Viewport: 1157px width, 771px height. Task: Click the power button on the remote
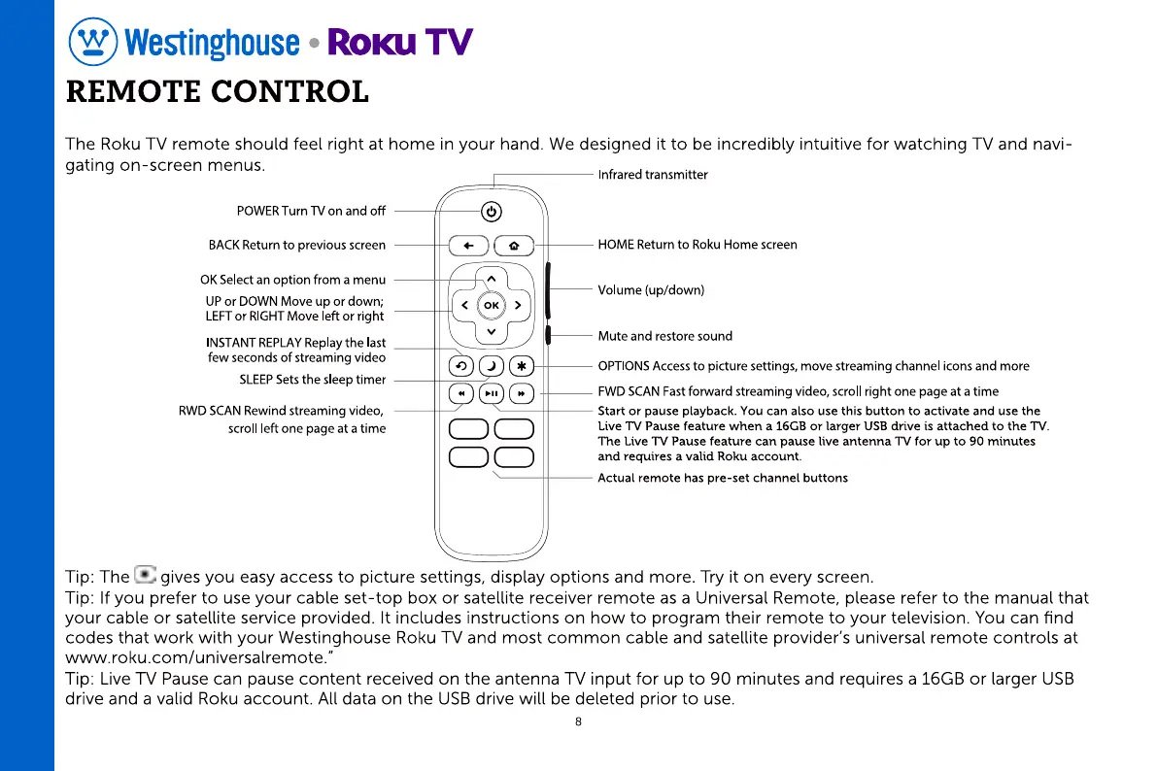pos(492,212)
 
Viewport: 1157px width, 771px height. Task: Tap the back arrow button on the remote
pos(469,247)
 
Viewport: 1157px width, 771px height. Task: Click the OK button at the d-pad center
pos(492,306)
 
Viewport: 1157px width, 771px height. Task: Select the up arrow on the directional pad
pos(492,281)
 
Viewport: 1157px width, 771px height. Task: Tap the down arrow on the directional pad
pos(492,332)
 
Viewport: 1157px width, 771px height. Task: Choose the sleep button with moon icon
pos(492,366)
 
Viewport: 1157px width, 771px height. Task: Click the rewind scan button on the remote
pos(462,394)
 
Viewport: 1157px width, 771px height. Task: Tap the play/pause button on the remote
pos(492,394)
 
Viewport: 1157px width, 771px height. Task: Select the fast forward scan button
pos(522,394)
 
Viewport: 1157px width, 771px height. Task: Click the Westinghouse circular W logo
pos(92,42)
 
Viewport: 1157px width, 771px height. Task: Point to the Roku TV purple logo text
pos(400,42)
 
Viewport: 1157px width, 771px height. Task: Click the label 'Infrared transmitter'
pos(653,175)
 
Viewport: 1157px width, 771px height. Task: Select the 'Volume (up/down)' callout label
pos(651,290)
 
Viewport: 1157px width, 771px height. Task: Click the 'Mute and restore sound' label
pos(665,336)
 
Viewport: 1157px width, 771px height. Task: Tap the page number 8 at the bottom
pos(578,721)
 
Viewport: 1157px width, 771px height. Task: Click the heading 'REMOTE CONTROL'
pos(217,92)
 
